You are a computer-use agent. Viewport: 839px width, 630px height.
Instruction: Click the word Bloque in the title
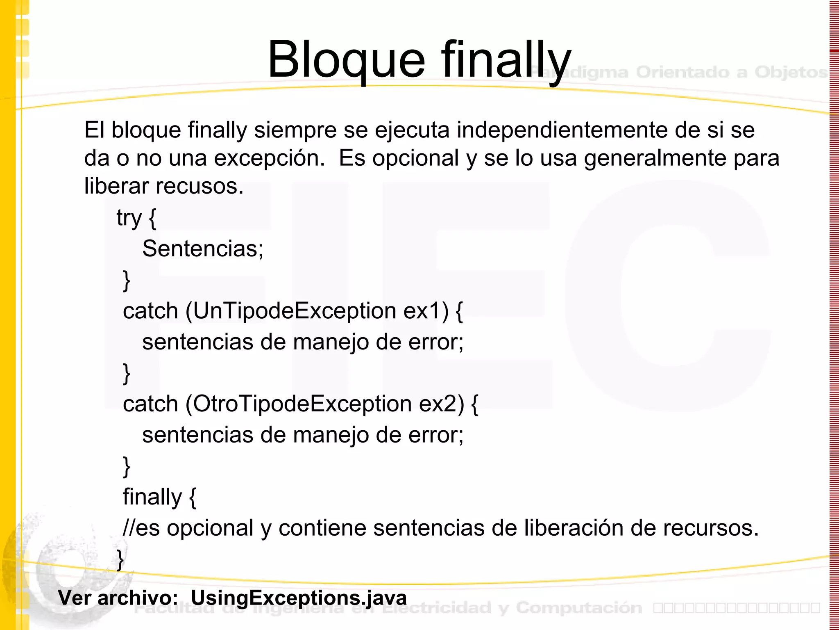click(347, 60)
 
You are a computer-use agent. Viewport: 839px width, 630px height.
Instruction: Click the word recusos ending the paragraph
click(200, 186)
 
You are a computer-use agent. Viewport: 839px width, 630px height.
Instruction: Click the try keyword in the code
click(129, 218)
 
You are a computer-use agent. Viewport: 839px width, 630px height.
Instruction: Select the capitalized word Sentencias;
click(203, 249)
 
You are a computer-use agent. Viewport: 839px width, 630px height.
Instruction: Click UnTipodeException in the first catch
click(295, 311)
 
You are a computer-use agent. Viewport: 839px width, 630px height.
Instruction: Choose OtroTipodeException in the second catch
click(302, 404)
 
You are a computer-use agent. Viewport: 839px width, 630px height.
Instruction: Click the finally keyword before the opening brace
click(152, 497)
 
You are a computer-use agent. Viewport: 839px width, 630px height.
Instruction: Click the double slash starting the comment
click(129, 528)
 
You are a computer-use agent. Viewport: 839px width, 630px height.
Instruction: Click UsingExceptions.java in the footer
click(299, 598)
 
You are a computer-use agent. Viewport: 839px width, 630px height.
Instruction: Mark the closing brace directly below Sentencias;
click(127, 281)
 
